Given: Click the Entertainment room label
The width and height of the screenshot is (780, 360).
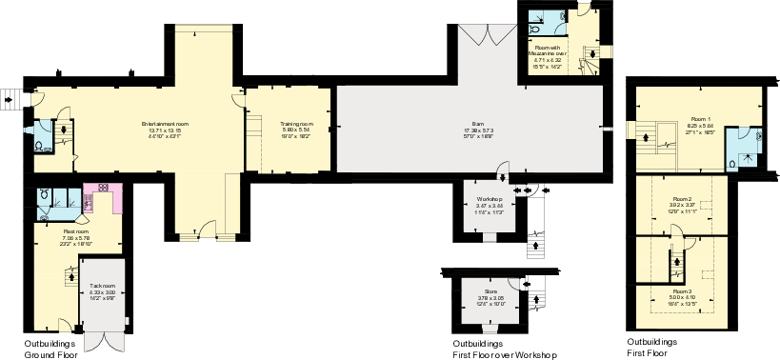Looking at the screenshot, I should [165, 124].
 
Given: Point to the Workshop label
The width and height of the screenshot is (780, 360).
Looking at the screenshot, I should [489, 198].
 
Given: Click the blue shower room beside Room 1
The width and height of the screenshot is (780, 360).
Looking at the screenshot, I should [743, 148].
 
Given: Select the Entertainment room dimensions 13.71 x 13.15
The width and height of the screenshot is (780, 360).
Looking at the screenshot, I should [165, 130].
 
